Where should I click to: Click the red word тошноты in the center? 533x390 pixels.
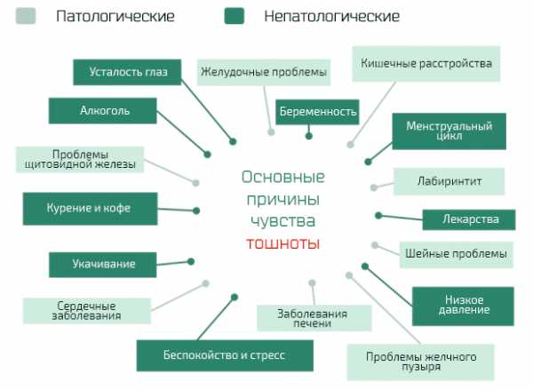pyautogui.click(x=283, y=243)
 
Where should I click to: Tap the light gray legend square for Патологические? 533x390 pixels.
pyautogui.click(x=26, y=16)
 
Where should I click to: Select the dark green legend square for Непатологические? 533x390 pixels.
pyautogui.click(x=235, y=16)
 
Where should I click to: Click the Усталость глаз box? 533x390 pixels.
pyautogui.click(x=127, y=72)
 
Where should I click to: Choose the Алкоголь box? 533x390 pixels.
pyautogui.click(x=103, y=111)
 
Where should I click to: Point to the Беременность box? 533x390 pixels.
pyautogui.click(x=317, y=112)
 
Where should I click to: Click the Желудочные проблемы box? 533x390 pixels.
pyautogui.click(x=264, y=72)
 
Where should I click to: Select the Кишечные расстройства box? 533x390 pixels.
pyautogui.click(x=426, y=64)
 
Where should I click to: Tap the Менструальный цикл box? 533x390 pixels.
pyautogui.click(x=449, y=131)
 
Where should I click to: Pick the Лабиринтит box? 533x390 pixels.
pyautogui.click(x=449, y=181)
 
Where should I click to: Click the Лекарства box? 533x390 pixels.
pyautogui.click(x=469, y=219)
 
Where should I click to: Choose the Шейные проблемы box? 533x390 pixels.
pyautogui.click(x=457, y=254)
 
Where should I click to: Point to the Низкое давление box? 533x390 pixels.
pyautogui.click(x=464, y=306)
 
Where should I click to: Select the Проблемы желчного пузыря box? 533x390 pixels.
pyautogui.click(x=420, y=362)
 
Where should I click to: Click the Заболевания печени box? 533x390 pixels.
pyautogui.click(x=314, y=317)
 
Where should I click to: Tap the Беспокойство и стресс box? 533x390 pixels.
pyautogui.click(x=225, y=355)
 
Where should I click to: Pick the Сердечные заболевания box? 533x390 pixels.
pyautogui.click(x=87, y=311)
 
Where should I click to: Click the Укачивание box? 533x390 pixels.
pyautogui.click(x=103, y=265)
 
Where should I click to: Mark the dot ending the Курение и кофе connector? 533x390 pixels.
pyautogui.click(x=196, y=211)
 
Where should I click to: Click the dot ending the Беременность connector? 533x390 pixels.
pyautogui.click(x=308, y=136)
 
